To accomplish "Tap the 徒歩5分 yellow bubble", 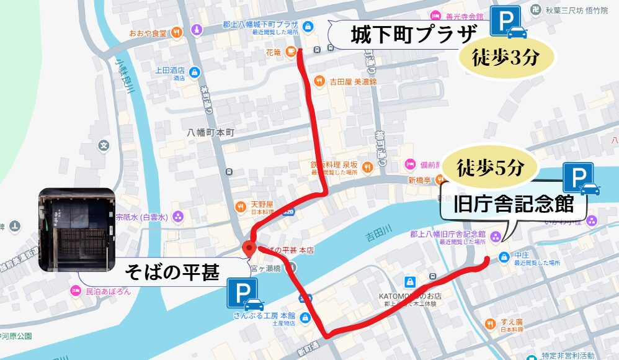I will point(491,168).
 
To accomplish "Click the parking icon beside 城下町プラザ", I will point(509,22).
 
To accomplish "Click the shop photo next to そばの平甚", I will point(77,230).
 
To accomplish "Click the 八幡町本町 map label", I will point(210,132).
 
